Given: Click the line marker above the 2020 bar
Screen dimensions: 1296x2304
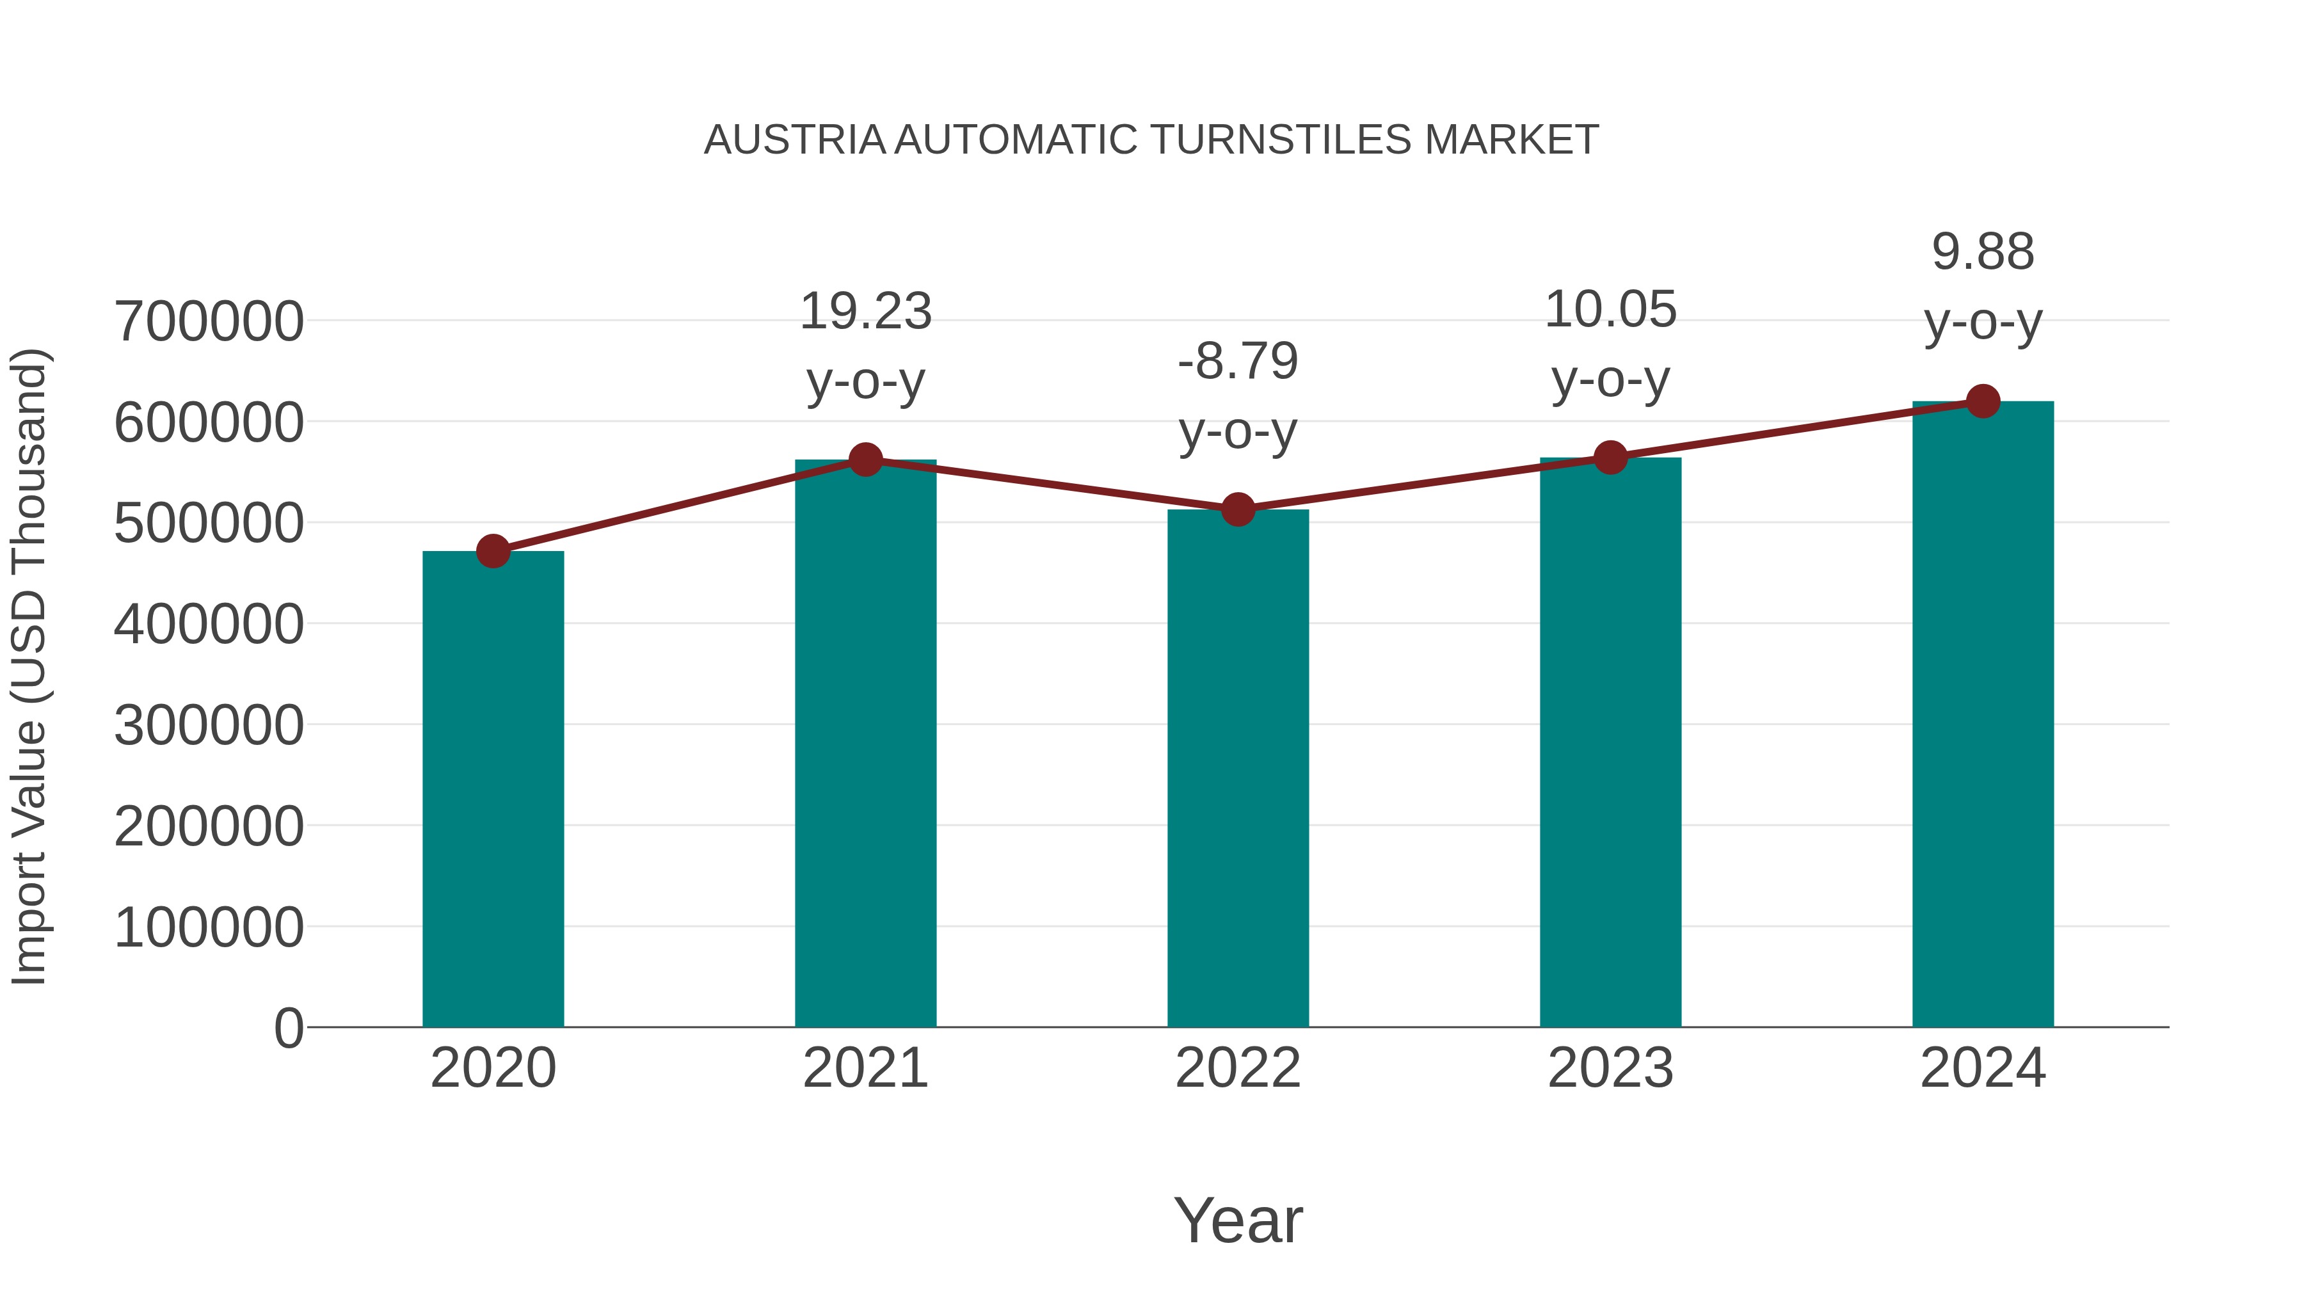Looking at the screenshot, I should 493,551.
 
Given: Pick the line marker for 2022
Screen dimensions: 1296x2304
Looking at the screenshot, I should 1238,510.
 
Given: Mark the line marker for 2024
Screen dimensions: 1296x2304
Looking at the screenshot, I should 1983,401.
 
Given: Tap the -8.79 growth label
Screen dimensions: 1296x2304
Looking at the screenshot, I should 1238,362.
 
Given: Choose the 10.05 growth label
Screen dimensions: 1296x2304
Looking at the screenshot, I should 1610,310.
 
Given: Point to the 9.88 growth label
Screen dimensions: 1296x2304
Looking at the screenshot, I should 1983,252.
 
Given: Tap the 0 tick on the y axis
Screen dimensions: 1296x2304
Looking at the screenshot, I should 288,1028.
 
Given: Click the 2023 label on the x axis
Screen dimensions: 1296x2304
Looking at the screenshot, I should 1610,1068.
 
